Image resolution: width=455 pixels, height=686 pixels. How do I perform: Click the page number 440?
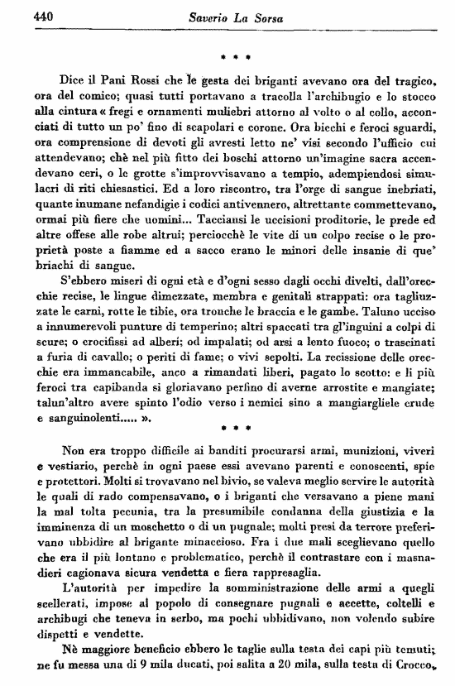click(21, 17)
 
